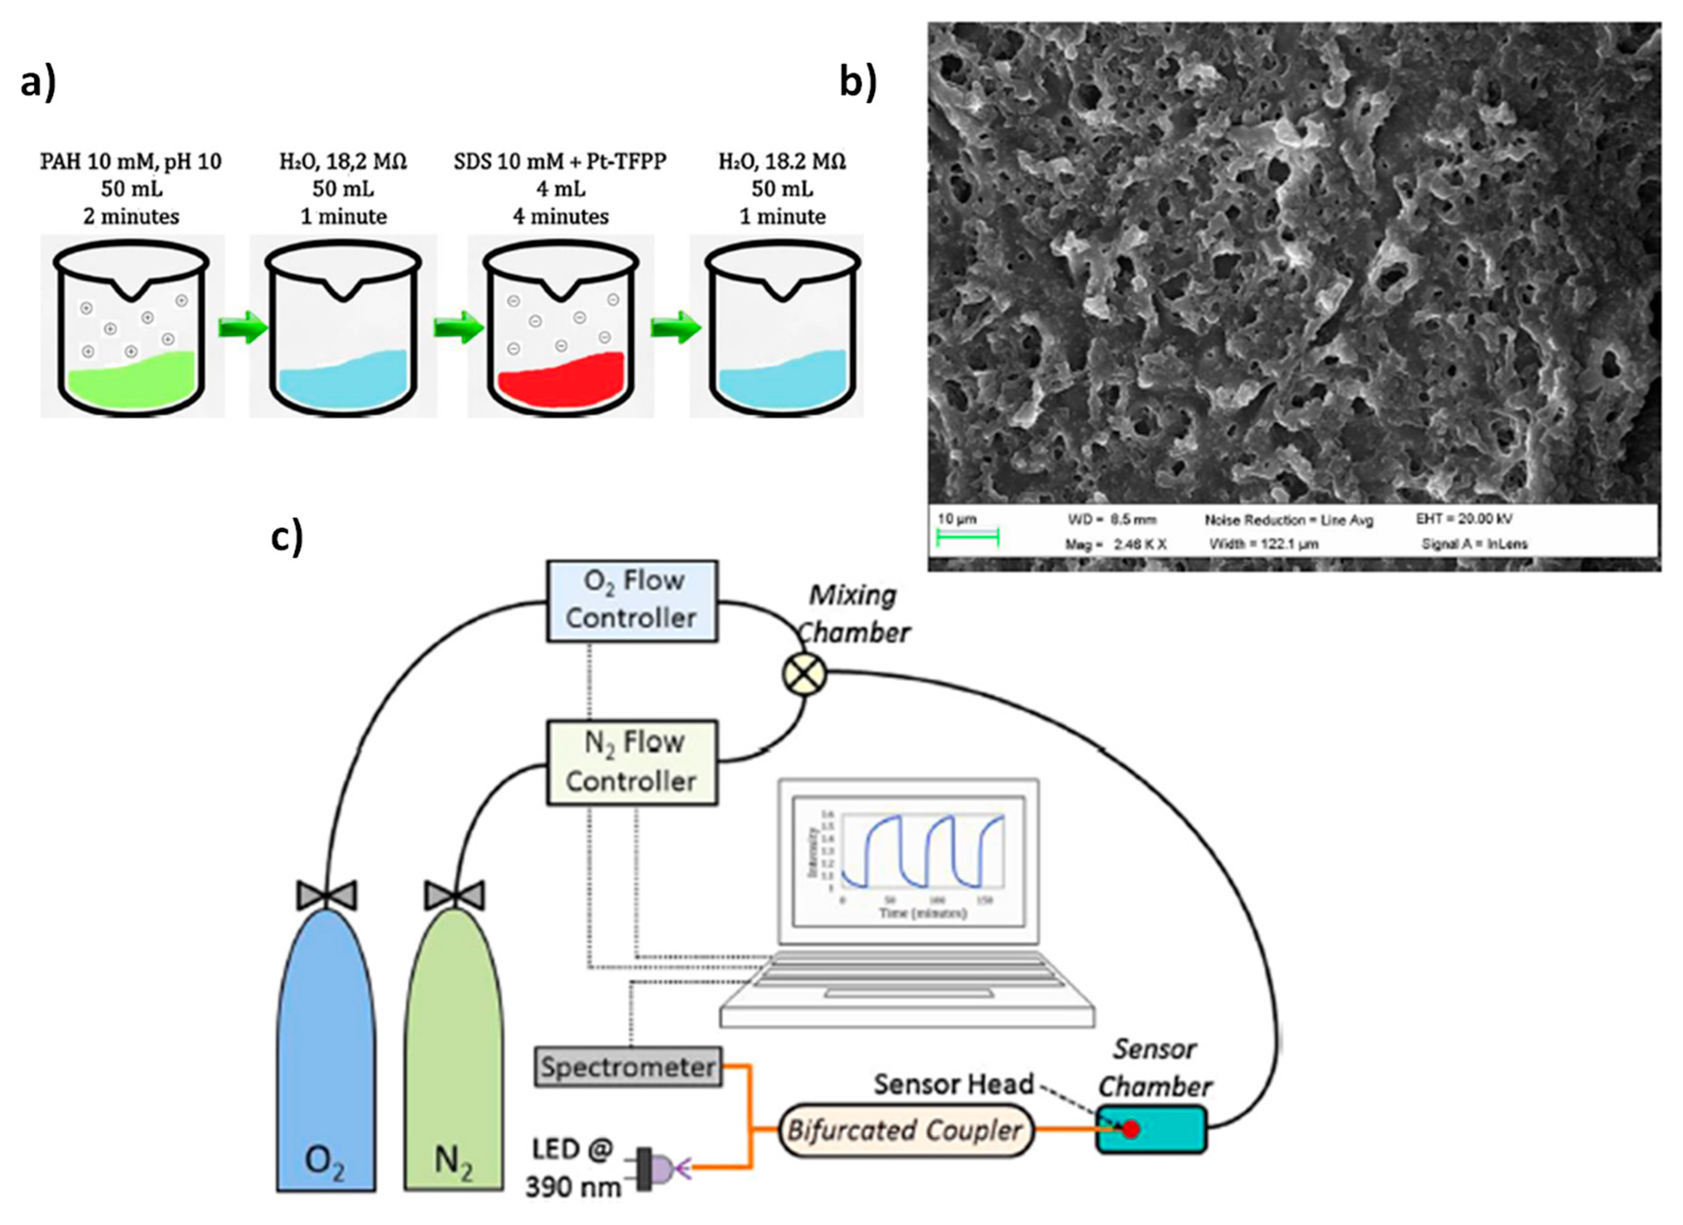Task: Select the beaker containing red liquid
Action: (560, 334)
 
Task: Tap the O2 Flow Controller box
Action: (631, 600)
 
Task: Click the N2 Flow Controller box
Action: (631, 762)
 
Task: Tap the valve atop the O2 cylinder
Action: (326, 895)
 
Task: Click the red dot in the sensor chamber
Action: (1129, 1130)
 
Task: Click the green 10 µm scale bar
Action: (968, 537)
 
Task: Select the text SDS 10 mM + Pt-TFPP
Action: (560, 161)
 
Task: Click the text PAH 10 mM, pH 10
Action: (131, 161)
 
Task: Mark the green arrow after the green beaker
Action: (242, 327)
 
